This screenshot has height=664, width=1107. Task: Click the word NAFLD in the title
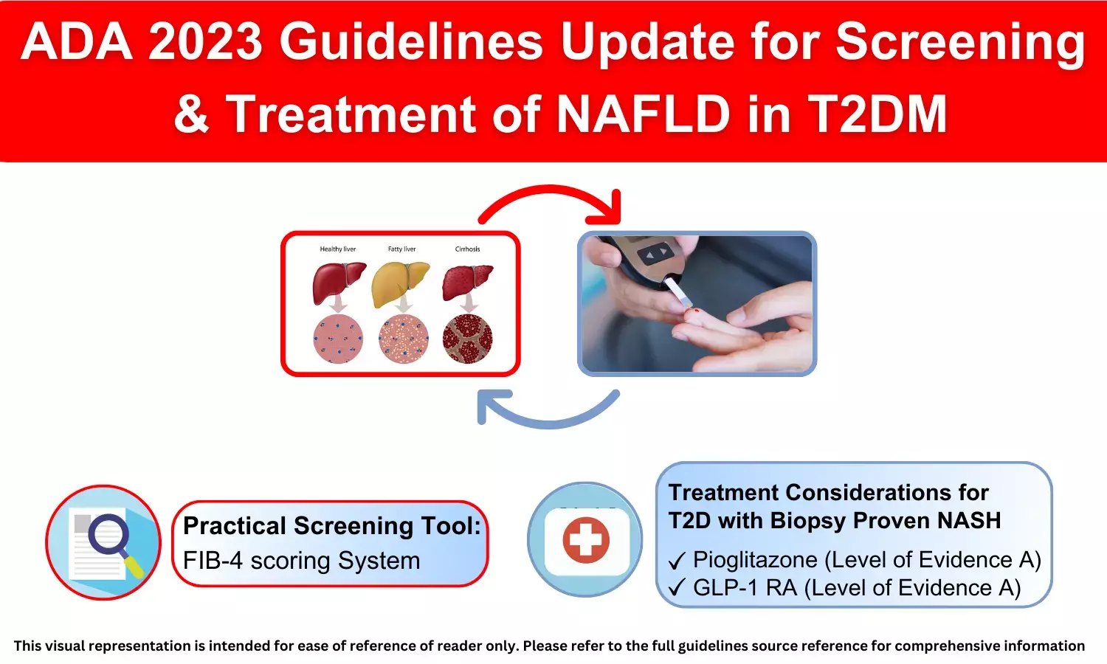click(644, 114)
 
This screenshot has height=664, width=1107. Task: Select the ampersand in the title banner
click(192, 114)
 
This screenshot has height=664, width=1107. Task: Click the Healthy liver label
click(337, 249)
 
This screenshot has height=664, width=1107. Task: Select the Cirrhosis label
click(467, 249)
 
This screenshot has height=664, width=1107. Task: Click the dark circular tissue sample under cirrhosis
click(467, 339)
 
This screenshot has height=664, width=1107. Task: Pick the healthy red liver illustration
click(339, 283)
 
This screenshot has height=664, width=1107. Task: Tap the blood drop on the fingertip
click(697, 311)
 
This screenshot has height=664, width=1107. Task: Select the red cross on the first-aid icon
click(586, 540)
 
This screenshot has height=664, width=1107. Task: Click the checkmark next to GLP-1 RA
click(677, 587)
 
